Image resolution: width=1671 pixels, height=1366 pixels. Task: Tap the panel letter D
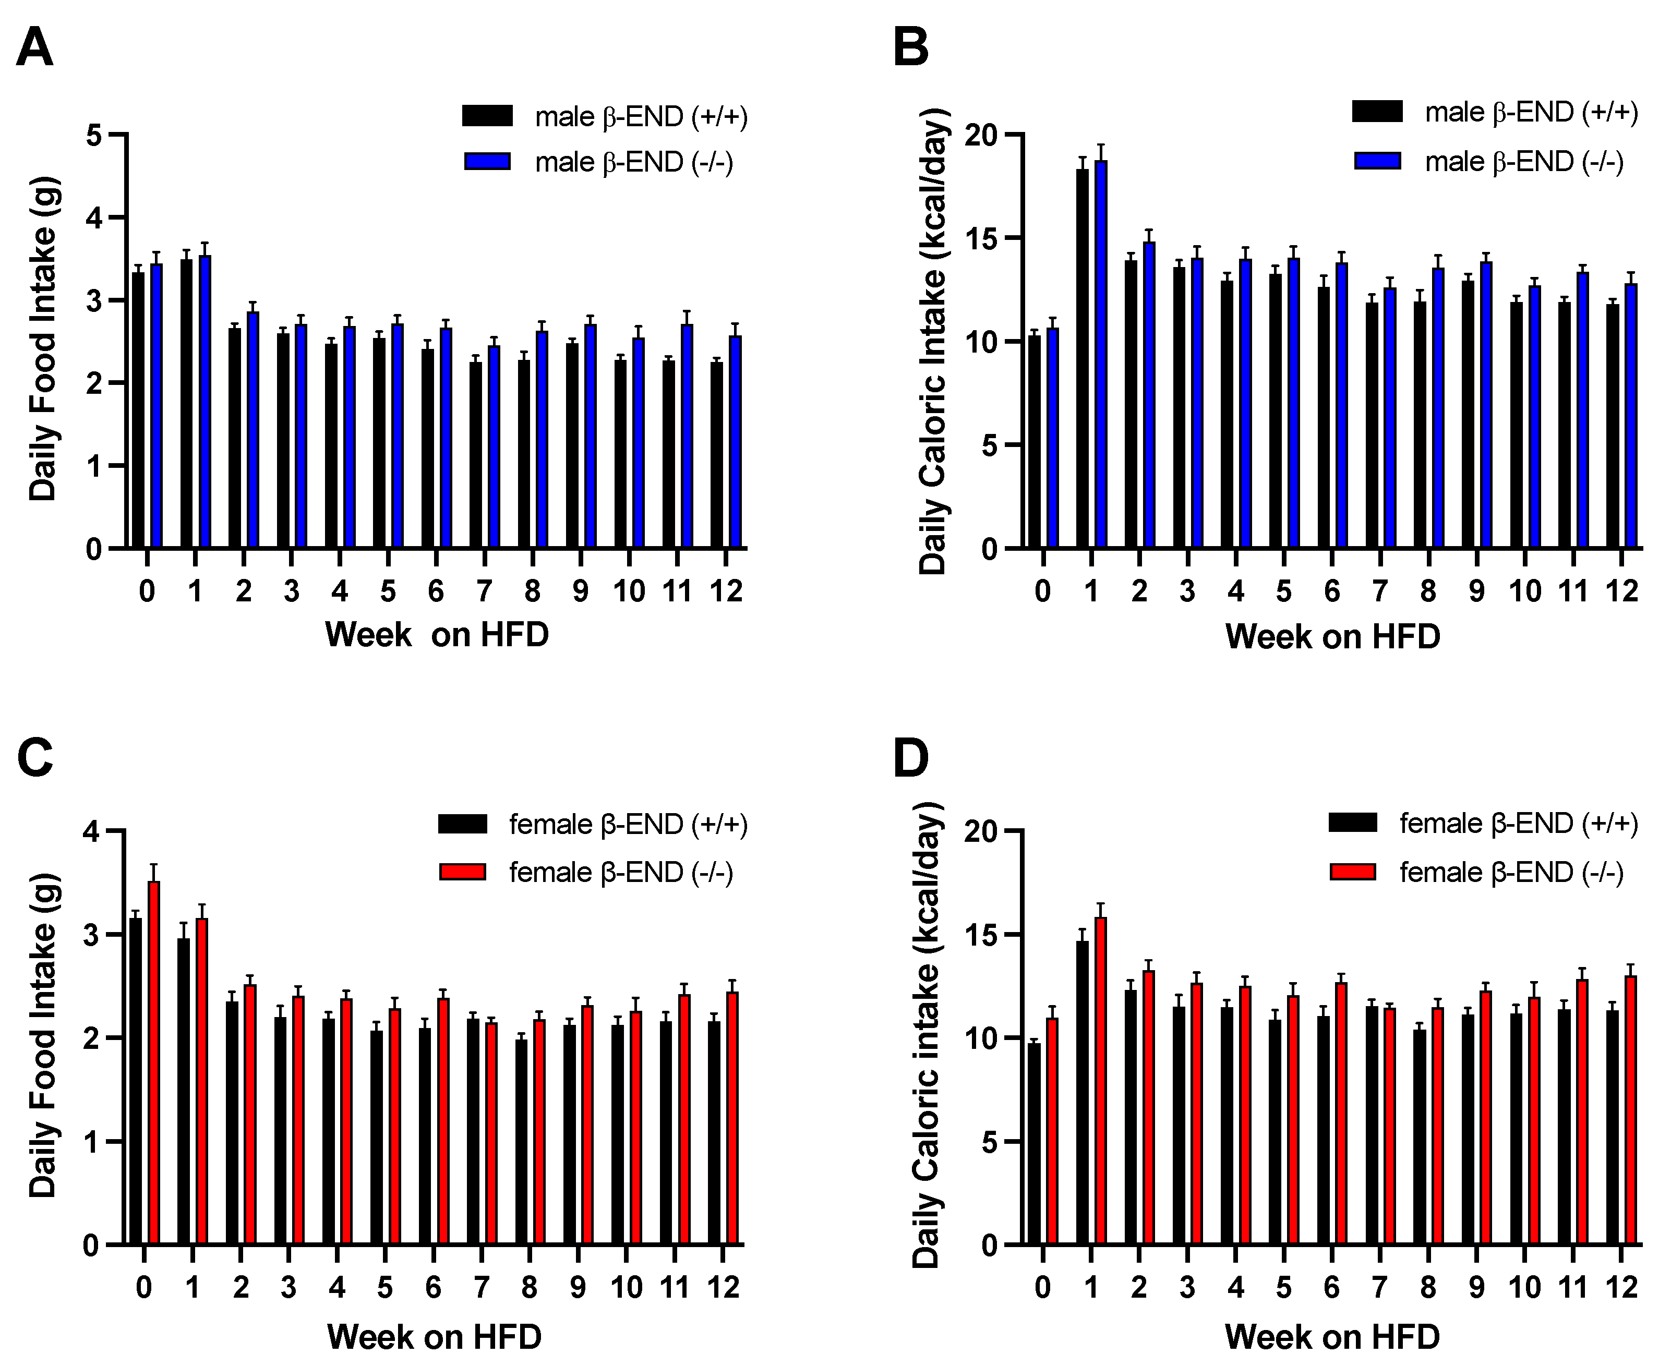click(911, 758)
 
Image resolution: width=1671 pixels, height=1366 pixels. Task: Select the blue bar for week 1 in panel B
click(1100, 354)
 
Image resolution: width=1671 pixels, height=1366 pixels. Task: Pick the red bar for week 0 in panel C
click(154, 1062)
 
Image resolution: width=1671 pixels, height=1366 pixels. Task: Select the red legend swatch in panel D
click(1353, 872)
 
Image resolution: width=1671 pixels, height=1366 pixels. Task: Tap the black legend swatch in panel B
click(1377, 112)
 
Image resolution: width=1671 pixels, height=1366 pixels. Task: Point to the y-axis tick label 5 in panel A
click(94, 135)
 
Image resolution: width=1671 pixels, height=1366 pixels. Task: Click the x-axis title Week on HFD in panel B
click(1332, 636)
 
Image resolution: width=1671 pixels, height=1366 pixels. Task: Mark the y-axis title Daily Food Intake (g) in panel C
click(43, 1035)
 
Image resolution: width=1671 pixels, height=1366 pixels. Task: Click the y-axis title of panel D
click(927, 1035)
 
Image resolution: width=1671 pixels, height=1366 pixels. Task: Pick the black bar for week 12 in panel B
click(1613, 426)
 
